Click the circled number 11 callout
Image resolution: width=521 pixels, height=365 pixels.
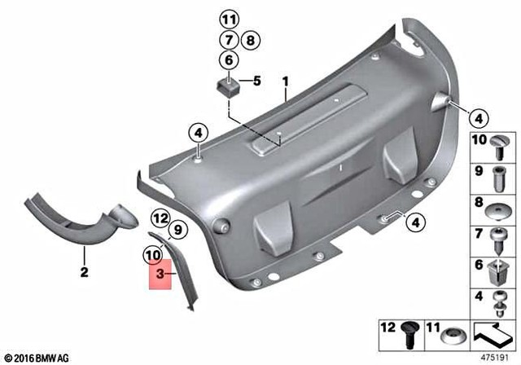click(229, 20)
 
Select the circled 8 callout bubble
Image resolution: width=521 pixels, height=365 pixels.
click(249, 39)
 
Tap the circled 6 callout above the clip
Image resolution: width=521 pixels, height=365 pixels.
click(229, 59)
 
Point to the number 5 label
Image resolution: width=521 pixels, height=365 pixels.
click(256, 81)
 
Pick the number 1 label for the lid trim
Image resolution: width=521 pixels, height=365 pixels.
click(286, 81)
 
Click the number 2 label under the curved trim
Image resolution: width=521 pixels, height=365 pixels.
click(82, 274)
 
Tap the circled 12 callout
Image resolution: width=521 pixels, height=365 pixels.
click(160, 218)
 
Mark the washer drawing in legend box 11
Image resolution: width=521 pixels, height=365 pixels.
click(452, 335)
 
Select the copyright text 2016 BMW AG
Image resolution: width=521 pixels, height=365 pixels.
click(38, 356)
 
